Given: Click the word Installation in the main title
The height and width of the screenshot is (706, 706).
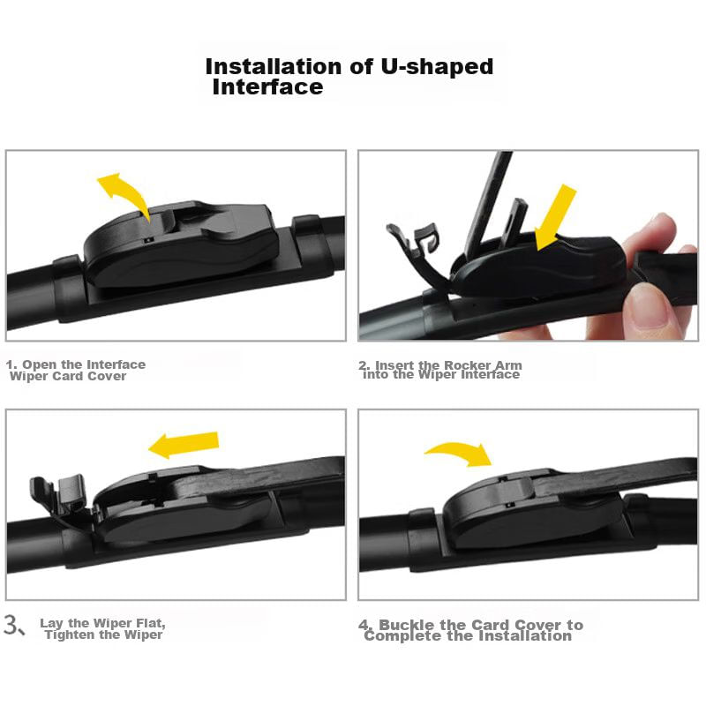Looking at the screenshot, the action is (x=273, y=66).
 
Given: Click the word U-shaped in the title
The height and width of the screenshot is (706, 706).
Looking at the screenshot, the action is (x=437, y=67).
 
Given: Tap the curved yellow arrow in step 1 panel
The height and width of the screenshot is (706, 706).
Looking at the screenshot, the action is (x=123, y=193).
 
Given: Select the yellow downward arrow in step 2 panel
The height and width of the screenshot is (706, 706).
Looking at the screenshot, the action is (x=555, y=216).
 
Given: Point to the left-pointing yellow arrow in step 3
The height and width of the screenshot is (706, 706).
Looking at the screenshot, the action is (x=184, y=444).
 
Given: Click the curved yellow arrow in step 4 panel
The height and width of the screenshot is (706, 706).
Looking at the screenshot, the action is (x=459, y=453).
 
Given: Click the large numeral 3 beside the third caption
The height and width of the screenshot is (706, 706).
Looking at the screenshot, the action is (x=11, y=625).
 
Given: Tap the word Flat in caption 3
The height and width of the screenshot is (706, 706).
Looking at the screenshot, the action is (x=149, y=623).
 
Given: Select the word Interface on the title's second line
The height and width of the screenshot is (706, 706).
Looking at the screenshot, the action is (x=268, y=86).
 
